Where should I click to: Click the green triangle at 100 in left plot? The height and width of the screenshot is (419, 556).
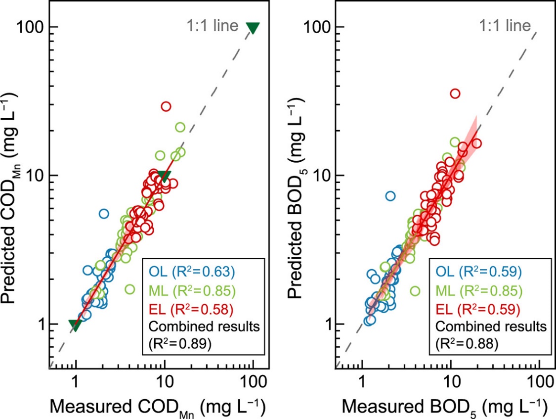(253, 28)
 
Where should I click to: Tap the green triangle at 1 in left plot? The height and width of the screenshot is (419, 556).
(75, 325)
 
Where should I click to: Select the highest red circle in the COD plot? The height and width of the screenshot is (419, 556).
(166, 106)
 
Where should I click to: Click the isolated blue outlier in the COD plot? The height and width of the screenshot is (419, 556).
(104, 214)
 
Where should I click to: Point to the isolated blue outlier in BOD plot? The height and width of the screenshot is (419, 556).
(390, 196)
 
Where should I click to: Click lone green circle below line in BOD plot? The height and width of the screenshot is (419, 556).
(415, 291)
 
